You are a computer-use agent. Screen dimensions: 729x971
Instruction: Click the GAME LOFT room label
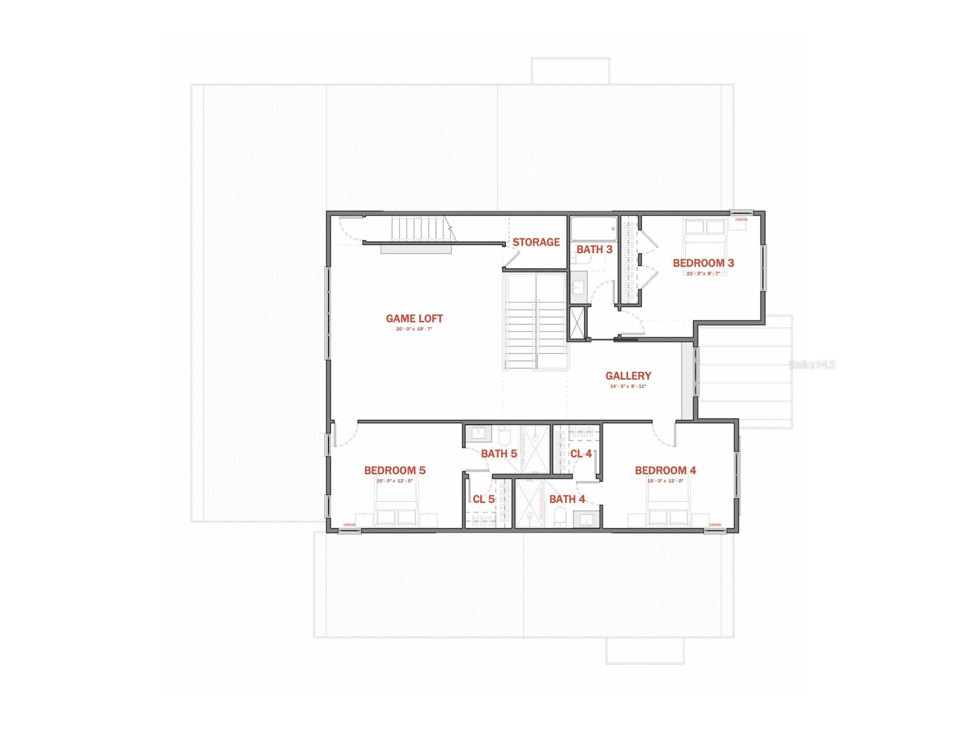(x=414, y=319)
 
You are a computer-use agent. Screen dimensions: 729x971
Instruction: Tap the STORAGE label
(x=536, y=242)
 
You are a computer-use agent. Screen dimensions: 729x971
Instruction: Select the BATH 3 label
(x=594, y=249)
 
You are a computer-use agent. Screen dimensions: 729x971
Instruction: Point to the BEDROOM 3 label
(x=703, y=263)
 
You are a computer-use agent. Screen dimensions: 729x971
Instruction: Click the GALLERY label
(x=628, y=376)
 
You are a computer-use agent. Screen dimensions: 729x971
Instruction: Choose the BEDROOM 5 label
(x=395, y=470)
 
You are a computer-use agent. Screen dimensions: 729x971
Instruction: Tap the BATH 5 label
(x=499, y=454)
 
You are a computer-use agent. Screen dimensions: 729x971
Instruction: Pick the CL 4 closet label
(x=581, y=454)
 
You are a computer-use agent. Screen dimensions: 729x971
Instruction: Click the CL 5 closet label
(x=483, y=499)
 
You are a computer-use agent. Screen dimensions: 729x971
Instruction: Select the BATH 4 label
(x=567, y=499)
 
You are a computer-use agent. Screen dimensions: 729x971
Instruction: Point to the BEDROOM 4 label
(x=665, y=470)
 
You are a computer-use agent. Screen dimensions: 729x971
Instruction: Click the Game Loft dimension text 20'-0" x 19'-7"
(x=414, y=329)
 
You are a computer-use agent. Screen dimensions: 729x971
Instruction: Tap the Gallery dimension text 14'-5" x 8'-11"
(x=628, y=386)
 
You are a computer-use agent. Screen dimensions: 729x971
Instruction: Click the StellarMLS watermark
(x=812, y=365)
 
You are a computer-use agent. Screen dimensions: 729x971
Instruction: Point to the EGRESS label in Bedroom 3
(x=741, y=219)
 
